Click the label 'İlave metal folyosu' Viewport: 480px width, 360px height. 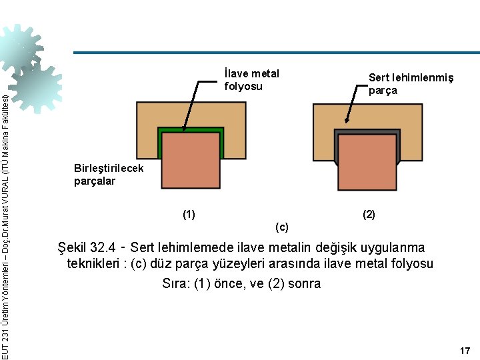click(x=251, y=79)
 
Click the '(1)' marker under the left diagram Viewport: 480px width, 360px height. click(x=189, y=214)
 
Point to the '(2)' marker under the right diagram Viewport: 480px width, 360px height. click(x=369, y=214)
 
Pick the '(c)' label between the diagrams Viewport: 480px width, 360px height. click(x=282, y=227)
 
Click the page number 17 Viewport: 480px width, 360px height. click(x=465, y=351)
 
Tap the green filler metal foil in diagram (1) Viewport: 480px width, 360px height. click(x=191, y=129)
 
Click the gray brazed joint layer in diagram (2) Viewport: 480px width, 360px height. click(x=367, y=132)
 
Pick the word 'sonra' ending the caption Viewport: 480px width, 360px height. click(x=304, y=283)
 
